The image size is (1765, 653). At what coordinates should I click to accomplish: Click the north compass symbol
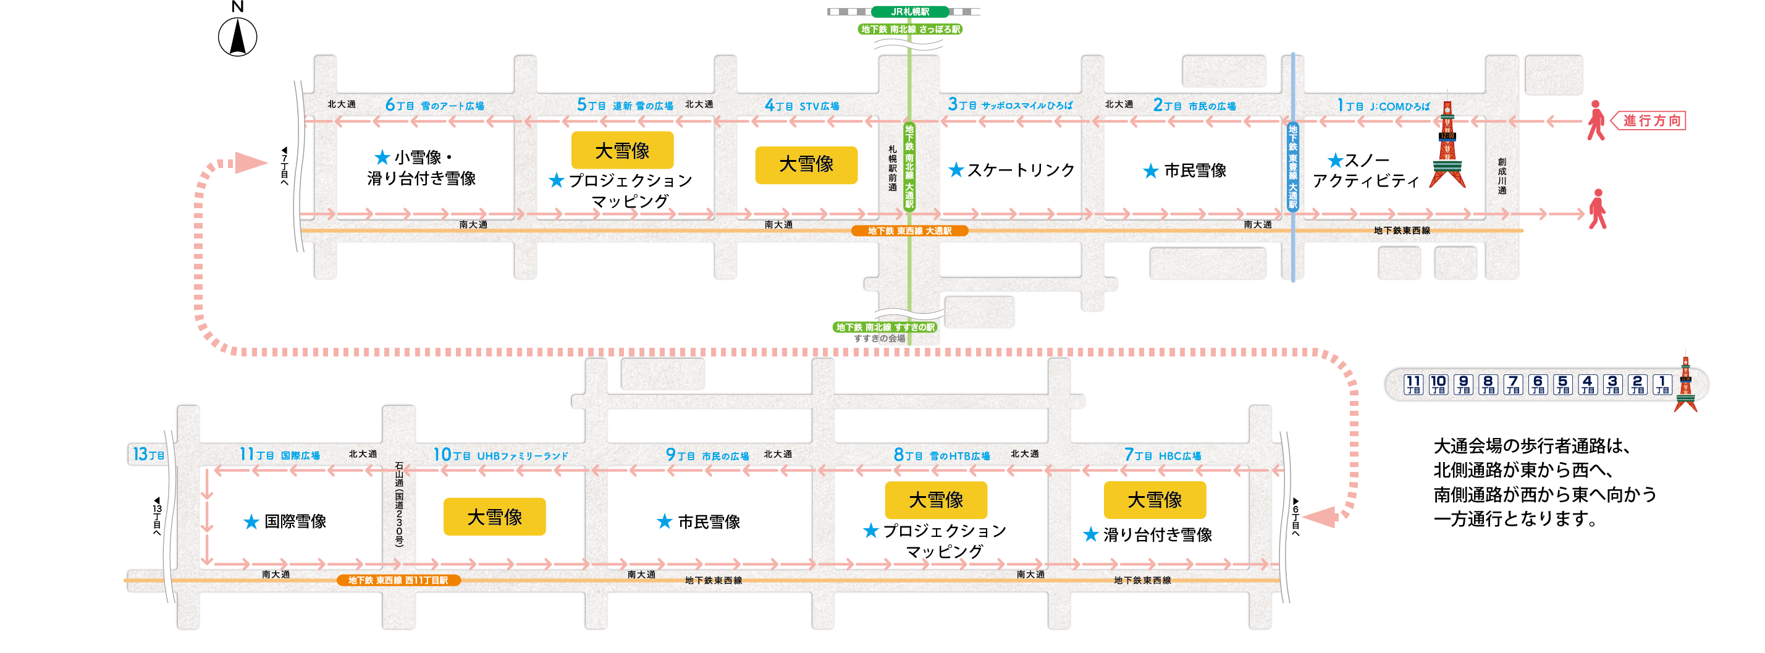[237, 37]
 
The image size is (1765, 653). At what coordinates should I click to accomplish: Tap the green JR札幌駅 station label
[910, 12]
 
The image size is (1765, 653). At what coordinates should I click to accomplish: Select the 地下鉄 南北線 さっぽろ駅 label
[910, 30]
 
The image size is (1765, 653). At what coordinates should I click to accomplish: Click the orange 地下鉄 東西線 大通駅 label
[909, 231]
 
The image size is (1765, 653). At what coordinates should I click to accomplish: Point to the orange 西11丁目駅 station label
[398, 580]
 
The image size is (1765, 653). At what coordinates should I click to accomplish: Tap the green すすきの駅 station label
[885, 327]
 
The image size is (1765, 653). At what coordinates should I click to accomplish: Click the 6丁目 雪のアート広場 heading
[434, 106]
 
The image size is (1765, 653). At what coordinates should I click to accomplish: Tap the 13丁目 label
[148, 454]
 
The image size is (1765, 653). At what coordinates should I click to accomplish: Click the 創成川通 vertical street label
[1501, 177]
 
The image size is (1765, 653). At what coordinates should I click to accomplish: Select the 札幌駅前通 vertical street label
[892, 168]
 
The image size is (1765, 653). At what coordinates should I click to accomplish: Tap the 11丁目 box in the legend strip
[1413, 384]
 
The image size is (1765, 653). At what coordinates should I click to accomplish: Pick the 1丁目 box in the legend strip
[1662, 384]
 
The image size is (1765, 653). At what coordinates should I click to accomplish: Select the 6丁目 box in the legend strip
[1538, 384]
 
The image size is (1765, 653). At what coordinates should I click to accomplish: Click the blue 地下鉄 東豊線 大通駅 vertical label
[1292, 167]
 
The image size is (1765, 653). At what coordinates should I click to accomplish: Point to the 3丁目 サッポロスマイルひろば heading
[1010, 105]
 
